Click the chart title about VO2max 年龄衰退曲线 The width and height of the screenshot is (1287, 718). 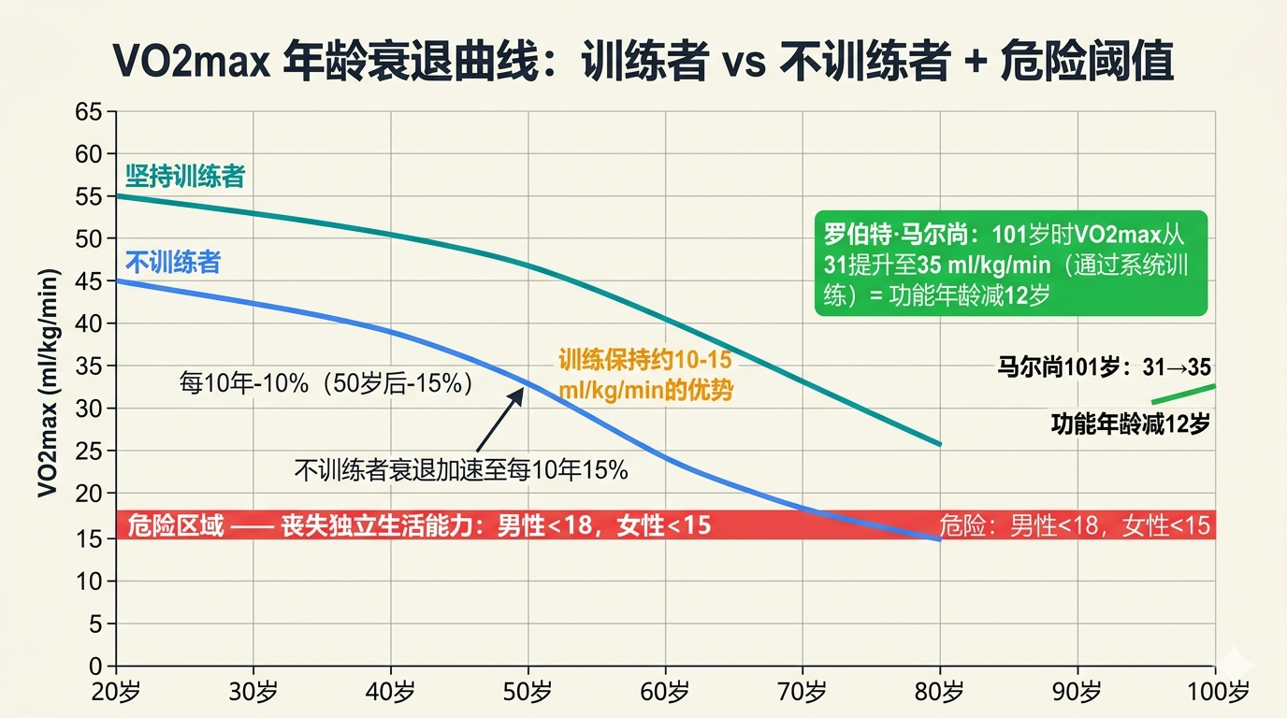(x=643, y=64)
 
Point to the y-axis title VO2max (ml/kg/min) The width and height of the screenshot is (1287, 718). (x=49, y=383)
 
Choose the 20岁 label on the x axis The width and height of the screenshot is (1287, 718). (x=116, y=693)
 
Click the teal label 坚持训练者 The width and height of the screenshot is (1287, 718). (x=185, y=177)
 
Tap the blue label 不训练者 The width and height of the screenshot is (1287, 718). (x=173, y=262)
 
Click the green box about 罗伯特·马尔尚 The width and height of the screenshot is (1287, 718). (x=1011, y=263)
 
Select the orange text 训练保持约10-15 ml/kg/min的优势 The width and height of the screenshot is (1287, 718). (x=644, y=375)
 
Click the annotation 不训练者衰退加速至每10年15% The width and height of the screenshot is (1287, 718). (x=460, y=469)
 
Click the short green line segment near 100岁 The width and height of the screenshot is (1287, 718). (x=1183, y=394)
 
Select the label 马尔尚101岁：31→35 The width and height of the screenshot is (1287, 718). (x=1104, y=368)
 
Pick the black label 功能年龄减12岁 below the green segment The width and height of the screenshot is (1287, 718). (x=1130, y=424)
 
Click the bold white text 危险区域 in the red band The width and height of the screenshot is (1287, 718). (x=176, y=525)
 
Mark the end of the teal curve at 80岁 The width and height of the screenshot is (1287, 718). (x=939, y=444)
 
